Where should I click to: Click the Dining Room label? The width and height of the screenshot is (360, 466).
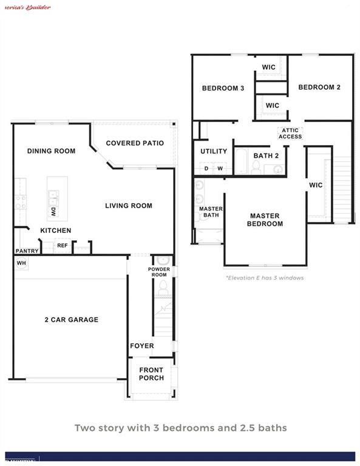[x=51, y=151]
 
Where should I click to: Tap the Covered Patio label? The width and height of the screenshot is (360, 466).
[x=135, y=143]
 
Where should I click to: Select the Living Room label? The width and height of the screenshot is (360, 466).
[x=128, y=206]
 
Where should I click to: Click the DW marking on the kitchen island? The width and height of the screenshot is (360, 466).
[x=53, y=212]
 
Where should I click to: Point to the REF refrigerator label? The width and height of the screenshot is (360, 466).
[x=62, y=246]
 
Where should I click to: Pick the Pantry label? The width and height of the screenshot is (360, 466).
[x=27, y=251]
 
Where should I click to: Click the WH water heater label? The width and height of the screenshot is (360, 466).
[x=21, y=263]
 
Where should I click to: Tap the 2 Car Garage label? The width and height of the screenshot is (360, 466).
[x=71, y=320]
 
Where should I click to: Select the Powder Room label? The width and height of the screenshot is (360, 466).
[x=159, y=272]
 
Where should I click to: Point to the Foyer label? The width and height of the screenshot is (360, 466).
[x=141, y=346]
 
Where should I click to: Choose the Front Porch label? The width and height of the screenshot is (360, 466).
[x=151, y=374]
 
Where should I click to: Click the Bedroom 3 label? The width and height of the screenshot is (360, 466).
[x=223, y=89]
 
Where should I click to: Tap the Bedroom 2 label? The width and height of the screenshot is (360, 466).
[x=319, y=87]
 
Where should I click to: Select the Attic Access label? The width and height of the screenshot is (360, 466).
[x=290, y=133]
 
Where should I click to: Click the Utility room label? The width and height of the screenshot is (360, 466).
[x=214, y=151]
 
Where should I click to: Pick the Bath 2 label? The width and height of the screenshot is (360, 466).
[x=266, y=156]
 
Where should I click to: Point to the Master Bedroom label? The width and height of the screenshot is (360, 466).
[x=265, y=220]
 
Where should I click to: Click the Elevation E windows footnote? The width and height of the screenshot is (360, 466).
[x=264, y=278]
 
